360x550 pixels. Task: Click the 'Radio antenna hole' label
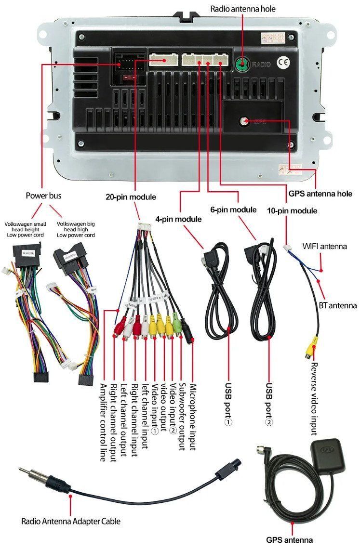click(x=243, y=8)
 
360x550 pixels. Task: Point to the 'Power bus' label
click(x=43, y=196)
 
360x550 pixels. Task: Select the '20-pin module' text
click(x=131, y=196)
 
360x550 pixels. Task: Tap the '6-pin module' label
click(x=233, y=210)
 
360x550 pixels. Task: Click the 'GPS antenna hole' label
click(x=320, y=194)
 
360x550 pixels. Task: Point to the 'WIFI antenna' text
click(x=324, y=247)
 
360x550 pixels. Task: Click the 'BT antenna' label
click(x=337, y=305)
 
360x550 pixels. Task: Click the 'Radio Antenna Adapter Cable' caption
click(x=70, y=521)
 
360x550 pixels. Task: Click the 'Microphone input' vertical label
click(x=192, y=417)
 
